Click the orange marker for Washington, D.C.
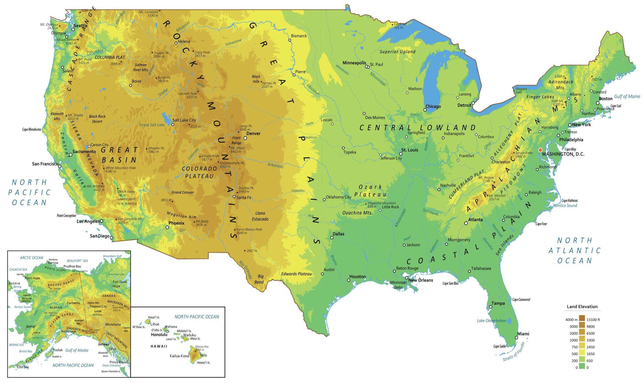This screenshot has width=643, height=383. coord(540,150)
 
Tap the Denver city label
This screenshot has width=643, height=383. coord(253,134)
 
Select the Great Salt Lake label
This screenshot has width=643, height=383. coord(152,125)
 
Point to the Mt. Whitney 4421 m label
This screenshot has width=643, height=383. coord(96,188)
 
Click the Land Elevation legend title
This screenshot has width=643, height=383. coord(582,307)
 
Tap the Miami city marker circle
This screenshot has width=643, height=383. coord(516,337)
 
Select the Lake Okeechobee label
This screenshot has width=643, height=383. coord(491,321)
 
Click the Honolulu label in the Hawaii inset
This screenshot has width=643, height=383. coord(159,335)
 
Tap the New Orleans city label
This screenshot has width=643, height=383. coord(420,280)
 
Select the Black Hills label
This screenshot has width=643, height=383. coord(256,79)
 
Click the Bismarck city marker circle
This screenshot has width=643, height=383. coord(290,40)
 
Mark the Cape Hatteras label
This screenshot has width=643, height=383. coord(569,201)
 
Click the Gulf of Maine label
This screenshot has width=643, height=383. coord(627,97)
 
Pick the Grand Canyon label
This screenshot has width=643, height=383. coord(182,192)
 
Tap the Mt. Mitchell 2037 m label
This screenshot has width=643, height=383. coord(497,197)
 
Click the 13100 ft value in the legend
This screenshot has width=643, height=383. coord(593,320)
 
